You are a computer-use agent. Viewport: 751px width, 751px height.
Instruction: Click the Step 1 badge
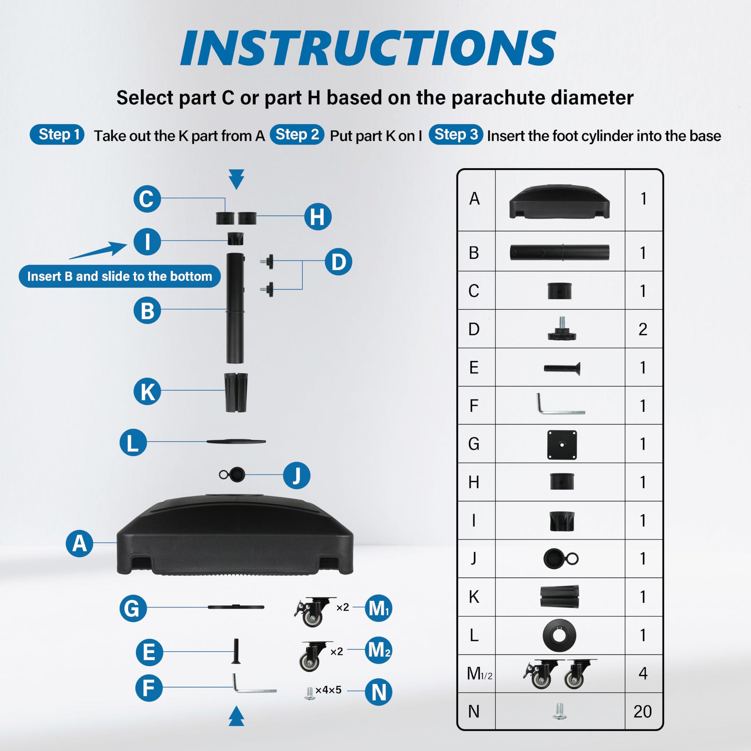[x=57, y=135]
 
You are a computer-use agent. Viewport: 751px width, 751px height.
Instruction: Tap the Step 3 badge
[x=456, y=135]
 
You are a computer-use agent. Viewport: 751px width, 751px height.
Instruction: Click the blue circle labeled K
[x=147, y=391]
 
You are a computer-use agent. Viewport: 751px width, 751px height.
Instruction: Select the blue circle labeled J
[x=297, y=475]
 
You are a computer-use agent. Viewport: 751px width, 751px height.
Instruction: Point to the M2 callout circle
[x=379, y=650]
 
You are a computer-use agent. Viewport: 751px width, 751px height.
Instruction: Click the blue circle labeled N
[x=379, y=692]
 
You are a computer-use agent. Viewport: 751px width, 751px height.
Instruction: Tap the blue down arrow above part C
[x=236, y=179]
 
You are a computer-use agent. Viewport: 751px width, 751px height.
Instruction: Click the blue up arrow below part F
[x=236, y=716]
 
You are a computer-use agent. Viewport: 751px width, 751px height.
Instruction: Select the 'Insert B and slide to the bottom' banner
[x=120, y=276]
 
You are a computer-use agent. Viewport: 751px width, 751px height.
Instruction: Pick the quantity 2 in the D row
[x=643, y=329]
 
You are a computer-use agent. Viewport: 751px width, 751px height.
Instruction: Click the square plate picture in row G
[x=562, y=445]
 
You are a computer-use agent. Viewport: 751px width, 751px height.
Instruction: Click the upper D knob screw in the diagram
[x=267, y=261]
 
